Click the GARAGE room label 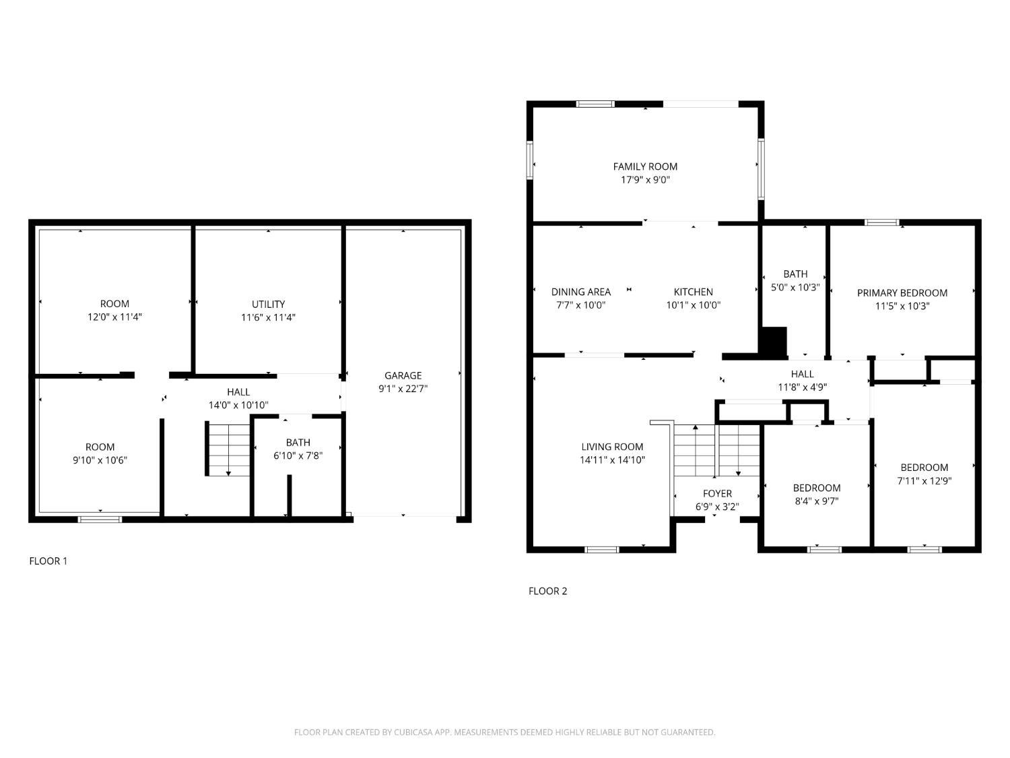click(403, 375)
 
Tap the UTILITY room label click(268, 304)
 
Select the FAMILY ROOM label click(645, 166)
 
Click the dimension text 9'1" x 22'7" click(403, 388)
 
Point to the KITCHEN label click(693, 292)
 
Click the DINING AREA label click(580, 292)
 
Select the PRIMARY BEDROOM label click(902, 292)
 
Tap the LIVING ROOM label click(612, 447)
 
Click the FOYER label click(717, 493)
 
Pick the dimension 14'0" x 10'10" click(238, 405)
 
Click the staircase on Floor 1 click(228, 449)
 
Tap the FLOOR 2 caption click(547, 591)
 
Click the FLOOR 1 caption click(48, 561)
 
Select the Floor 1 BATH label click(298, 443)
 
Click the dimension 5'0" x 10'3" click(795, 287)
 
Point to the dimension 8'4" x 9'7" click(816, 501)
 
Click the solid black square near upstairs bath click(773, 340)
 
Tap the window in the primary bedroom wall click(882, 222)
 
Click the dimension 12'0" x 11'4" click(114, 317)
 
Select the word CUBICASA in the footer click(412, 732)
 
